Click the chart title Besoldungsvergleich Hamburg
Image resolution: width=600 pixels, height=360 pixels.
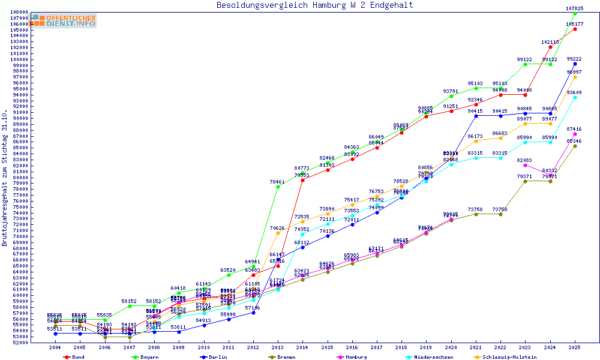[314, 5]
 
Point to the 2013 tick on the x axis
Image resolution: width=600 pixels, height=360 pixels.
[278, 347]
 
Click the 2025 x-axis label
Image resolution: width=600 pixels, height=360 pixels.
[575, 347]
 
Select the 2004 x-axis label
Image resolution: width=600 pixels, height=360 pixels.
[55, 347]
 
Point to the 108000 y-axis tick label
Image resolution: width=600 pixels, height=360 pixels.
[20, 12]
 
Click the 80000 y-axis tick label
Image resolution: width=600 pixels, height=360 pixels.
[20, 177]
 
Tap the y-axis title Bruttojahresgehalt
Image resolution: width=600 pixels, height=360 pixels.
[5, 178]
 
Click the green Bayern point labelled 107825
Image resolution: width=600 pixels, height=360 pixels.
[575, 13]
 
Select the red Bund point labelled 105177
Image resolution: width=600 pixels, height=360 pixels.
[575, 29]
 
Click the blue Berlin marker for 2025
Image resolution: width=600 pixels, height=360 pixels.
[575, 64]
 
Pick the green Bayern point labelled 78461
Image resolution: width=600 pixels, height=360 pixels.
[278, 187]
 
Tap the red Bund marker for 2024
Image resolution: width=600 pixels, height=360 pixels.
[550, 47]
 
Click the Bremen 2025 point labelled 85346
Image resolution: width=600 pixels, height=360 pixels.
[575, 146]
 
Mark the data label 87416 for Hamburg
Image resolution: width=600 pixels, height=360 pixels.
[574, 129]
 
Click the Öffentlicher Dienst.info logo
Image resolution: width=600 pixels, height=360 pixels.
[64, 20]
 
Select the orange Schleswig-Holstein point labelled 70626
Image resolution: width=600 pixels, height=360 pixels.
[278, 233]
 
